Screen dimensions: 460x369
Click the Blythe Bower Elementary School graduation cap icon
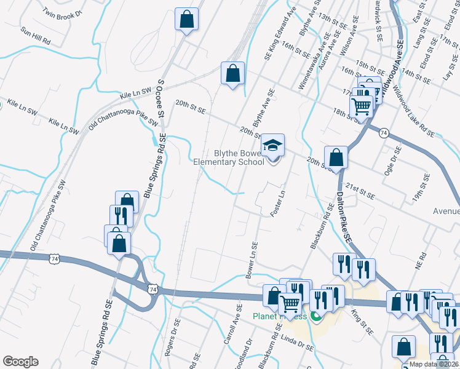tap(272, 146)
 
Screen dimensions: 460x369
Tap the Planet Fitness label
tap(280, 317)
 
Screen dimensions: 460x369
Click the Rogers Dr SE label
tap(172, 338)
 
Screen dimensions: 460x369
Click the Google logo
tap(20, 362)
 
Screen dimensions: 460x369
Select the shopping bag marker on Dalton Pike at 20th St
tap(336, 157)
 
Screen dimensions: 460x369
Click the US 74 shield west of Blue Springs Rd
tap(55, 260)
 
